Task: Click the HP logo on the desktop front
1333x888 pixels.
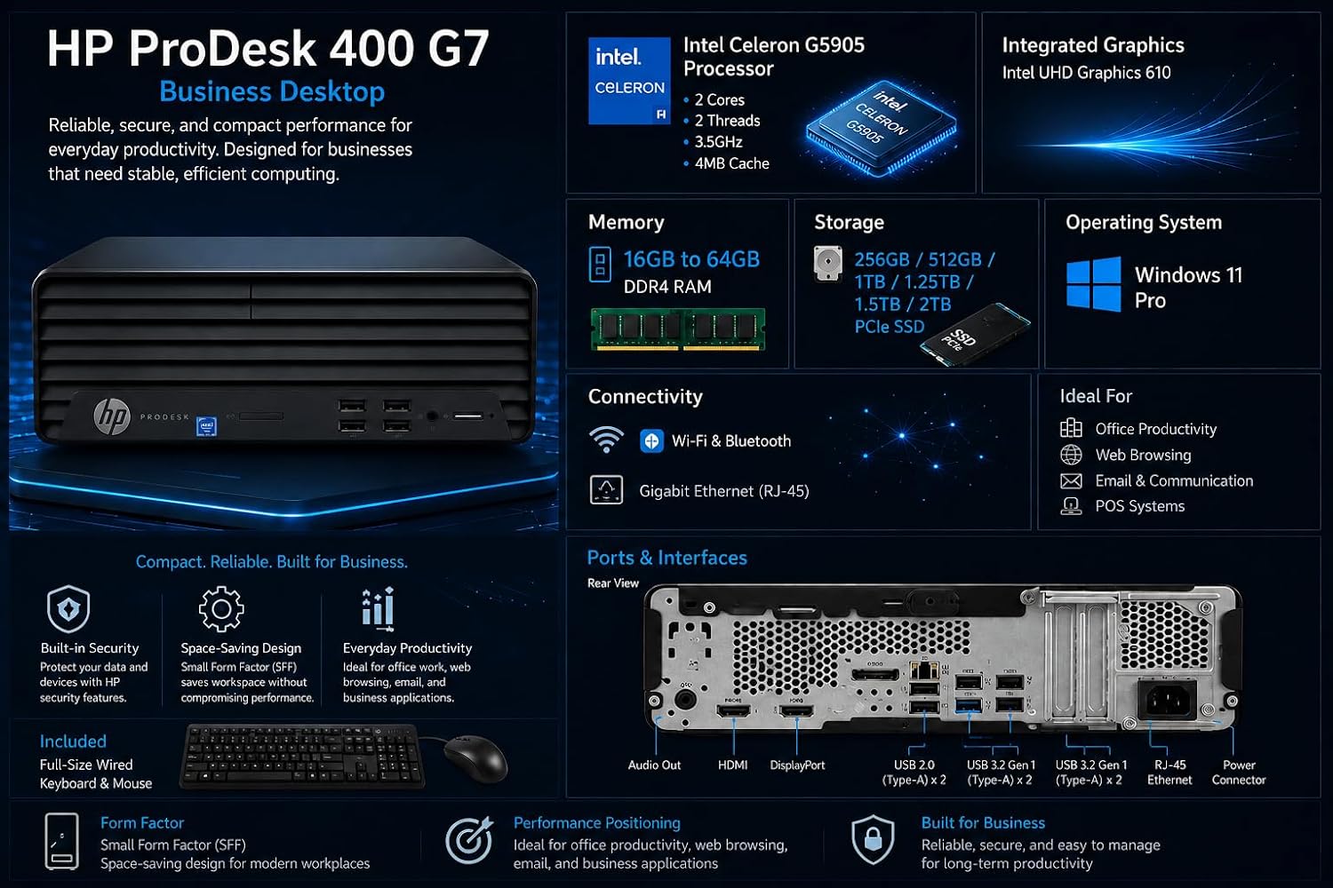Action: pyautogui.click(x=112, y=416)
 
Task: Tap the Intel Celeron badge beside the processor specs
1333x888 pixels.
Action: pyautogui.click(x=629, y=81)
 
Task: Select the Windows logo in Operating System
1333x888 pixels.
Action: pyautogui.click(x=1094, y=283)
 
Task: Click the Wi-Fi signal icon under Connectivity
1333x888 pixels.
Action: pyautogui.click(x=606, y=440)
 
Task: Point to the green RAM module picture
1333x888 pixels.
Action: pyautogui.click(x=678, y=329)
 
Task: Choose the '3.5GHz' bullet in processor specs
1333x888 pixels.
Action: pyautogui.click(x=718, y=142)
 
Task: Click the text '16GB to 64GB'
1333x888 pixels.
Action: pyautogui.click(x=691, y=259)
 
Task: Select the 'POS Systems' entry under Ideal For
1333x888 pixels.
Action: pyautogui.click(x=1139, y=506)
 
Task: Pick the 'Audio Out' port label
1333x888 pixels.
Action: pyautogui.click(x=654, y=765)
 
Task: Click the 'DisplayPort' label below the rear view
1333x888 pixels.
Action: pyautogui.click(x=797, y=765)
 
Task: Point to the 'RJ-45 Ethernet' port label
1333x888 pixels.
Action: pyautogui.click(x=1169, y=772)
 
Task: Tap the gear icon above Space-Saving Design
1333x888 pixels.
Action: pyautogui.click(x=220, y=608)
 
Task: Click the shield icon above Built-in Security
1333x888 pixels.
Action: pyautogui.click(x=68, y=609)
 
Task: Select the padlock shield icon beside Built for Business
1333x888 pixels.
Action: pyautogui.click(x=873, y=839)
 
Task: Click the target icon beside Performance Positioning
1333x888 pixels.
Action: pyautogui.click(x=469, y=840)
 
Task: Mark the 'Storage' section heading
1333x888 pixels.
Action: pyautogui.click(x=849, y=223)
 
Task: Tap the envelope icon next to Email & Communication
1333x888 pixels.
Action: pyautogui.click(x=1071, y=480)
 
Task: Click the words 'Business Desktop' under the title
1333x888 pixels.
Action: pyautogui.click(x=272, y=91)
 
